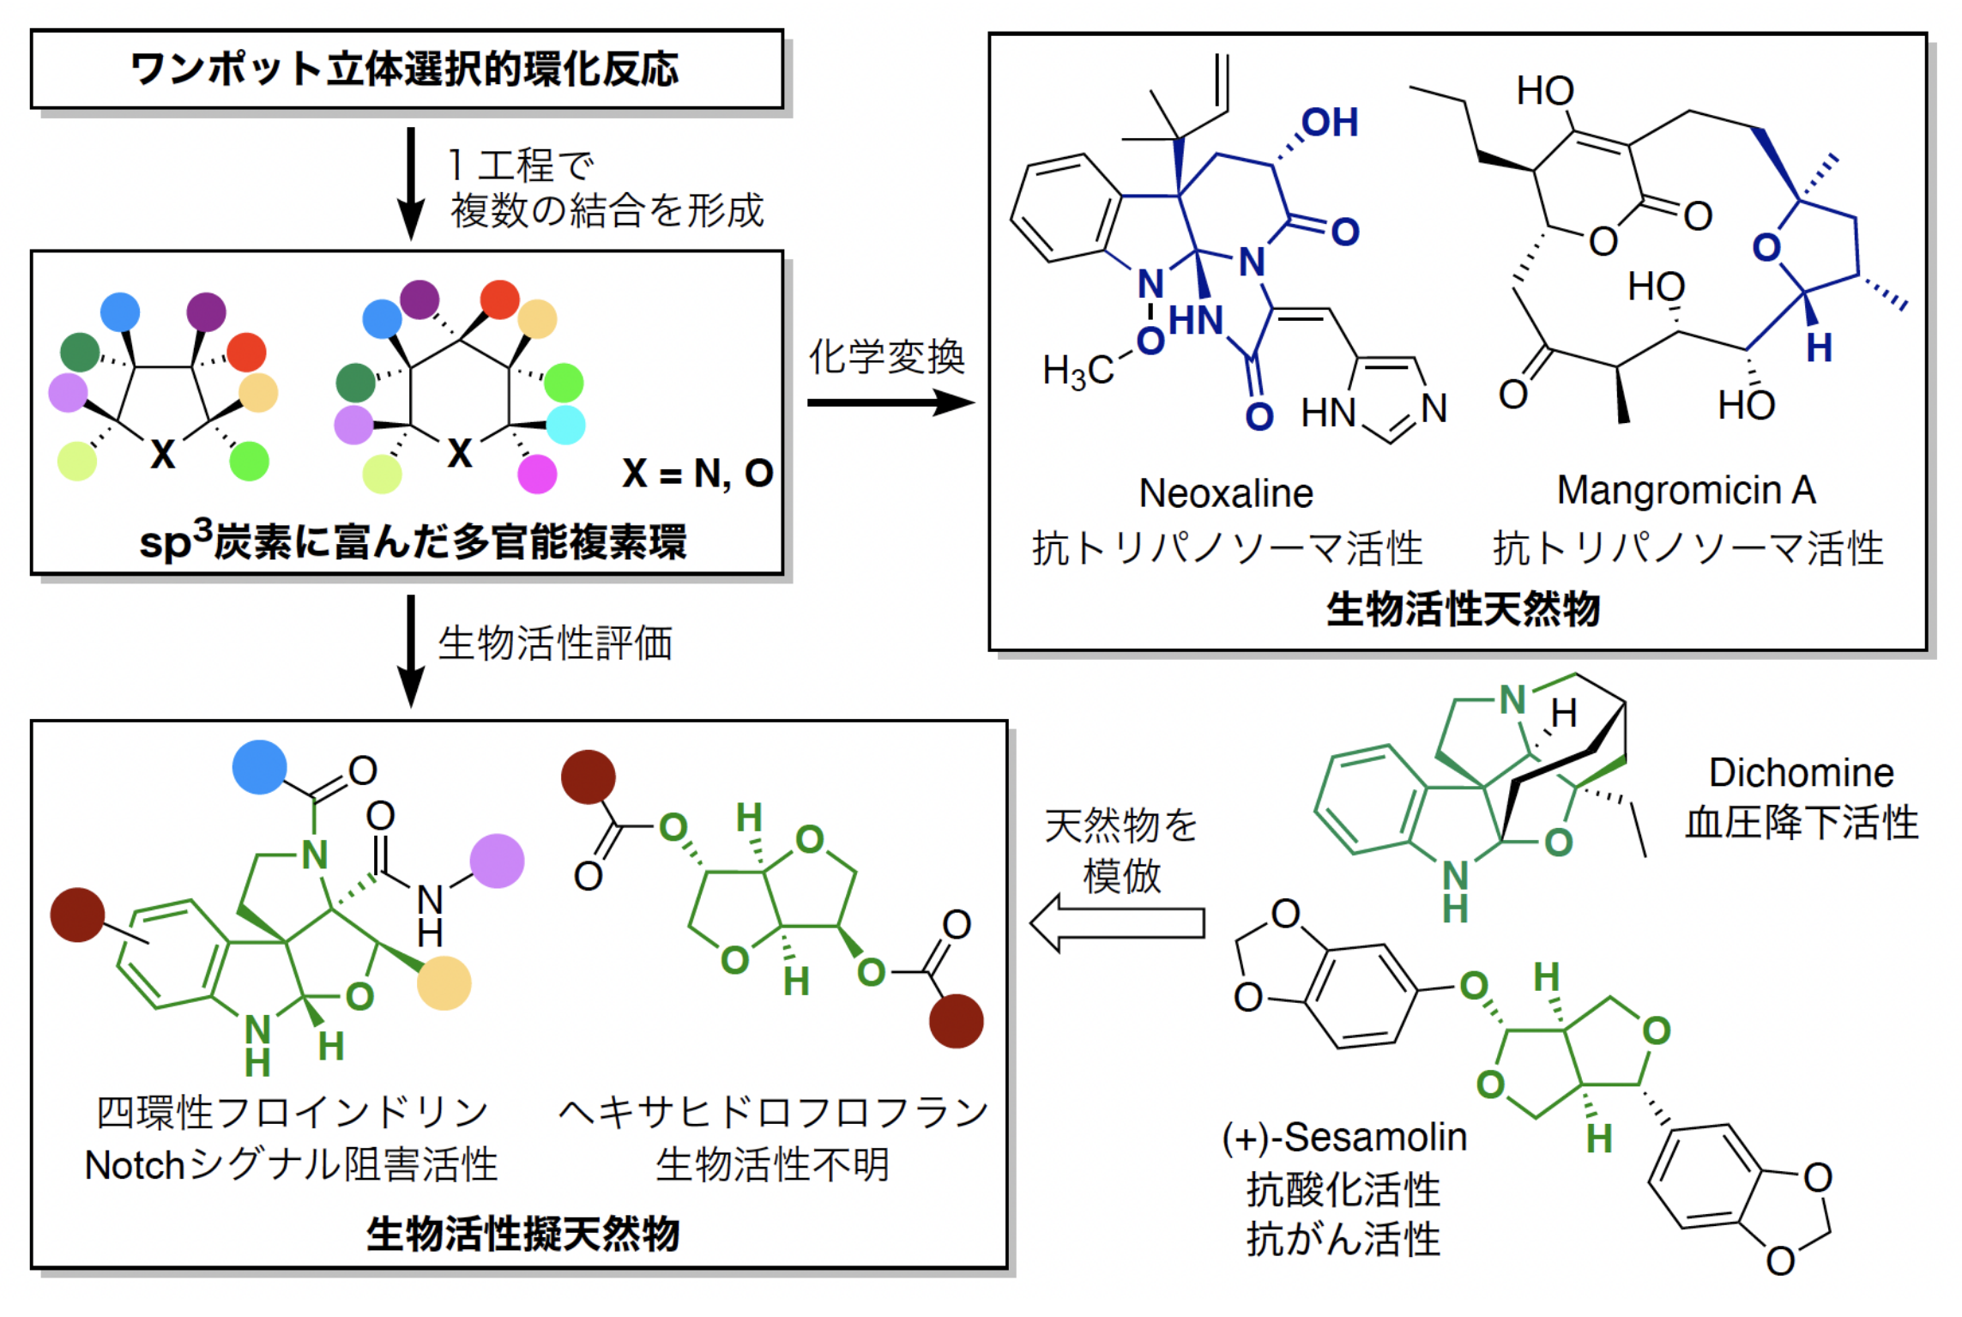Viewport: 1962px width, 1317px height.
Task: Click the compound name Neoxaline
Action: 1225,493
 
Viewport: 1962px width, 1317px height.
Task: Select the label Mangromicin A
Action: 1686,491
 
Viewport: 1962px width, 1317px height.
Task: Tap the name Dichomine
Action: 1801,773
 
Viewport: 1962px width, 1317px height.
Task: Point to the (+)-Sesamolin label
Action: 1344,1138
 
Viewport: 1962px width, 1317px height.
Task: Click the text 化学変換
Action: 886,356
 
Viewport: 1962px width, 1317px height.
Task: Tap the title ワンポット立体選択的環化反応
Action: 405,69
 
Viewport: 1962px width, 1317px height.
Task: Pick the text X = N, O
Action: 697,474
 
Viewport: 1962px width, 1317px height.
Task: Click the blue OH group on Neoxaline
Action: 1330,123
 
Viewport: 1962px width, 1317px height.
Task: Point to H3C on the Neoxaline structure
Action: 1078,371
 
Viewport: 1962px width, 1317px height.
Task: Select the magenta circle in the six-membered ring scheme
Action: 538,474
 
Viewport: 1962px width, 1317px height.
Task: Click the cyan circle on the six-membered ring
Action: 566,425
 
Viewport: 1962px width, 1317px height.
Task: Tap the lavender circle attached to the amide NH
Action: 497,861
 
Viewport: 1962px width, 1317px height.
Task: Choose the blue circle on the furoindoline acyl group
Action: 259,767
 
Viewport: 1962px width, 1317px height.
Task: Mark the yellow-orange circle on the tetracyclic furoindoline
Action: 444,983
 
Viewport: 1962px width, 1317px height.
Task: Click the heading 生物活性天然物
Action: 1463,610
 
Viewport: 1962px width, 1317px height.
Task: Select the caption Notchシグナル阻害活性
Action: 291,1165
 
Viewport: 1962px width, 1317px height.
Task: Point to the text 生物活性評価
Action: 555,643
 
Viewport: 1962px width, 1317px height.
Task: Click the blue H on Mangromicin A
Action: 1819,348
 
